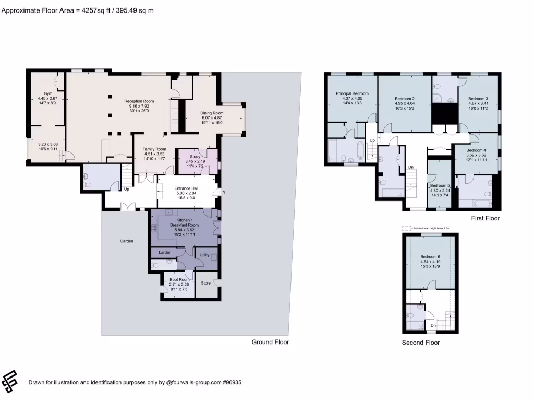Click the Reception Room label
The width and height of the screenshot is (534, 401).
pyautogui.click(x=139, y=101)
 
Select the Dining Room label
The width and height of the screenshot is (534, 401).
pyautogui.click(x=212, y=113)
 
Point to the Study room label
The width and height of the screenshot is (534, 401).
pyautogui.click(x=195, y=156)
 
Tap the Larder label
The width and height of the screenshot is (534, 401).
pyautogui.click(x=164, y=252)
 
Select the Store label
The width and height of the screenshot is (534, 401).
pyautogui.click(x=205, y=283)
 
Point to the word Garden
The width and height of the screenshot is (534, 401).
pyautogui.click(x=127, y=241)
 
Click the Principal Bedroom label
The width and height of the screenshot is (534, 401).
pyautogui.click(x=352, y=93)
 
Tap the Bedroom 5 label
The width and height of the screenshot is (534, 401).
pyautogui.click(x=440, y=186)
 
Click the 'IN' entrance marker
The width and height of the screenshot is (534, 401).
pyautogui.click(x=223, y=193)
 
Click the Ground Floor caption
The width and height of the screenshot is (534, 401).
pyautogui.click(x=270, y=342)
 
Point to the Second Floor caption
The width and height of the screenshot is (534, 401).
pyautogui.click(x=420, y=343)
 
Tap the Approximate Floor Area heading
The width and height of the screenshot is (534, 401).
pyautogui.click(x=77, y=10)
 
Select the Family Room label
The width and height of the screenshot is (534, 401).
pyautogui.click(x=154, y=149)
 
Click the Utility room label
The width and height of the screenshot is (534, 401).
pyautogui.click(x=204, y=255)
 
